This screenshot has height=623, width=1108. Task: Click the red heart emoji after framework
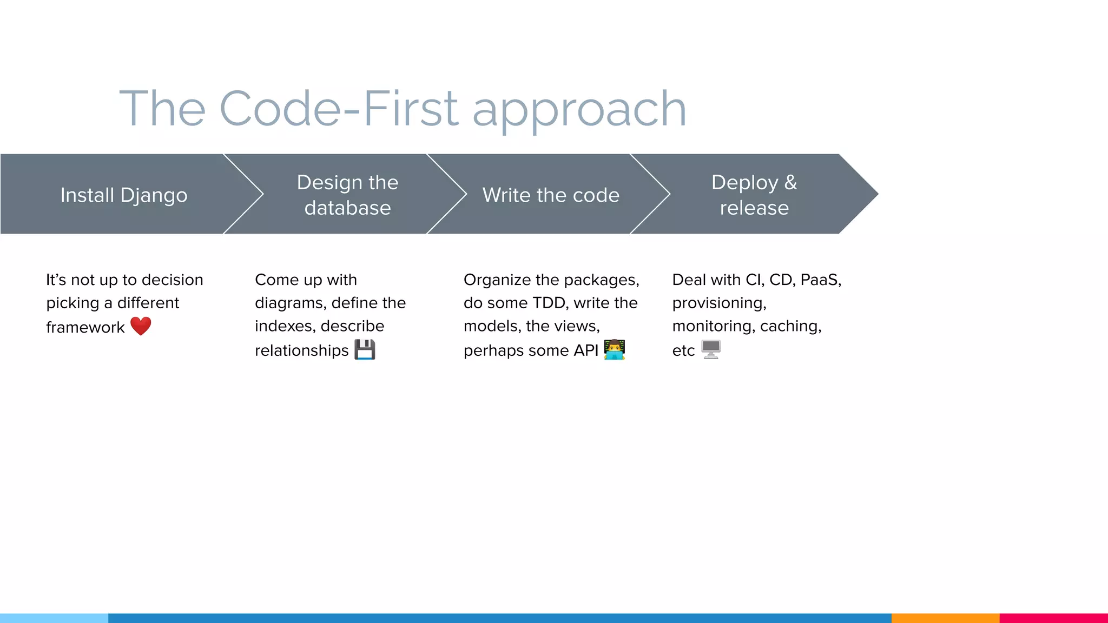141,326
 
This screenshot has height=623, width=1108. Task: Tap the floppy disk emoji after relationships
365,350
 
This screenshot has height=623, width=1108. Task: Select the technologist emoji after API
615,350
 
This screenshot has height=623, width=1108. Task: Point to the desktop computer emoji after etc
711,350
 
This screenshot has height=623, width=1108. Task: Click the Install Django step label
124,195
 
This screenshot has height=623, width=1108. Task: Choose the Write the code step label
551,195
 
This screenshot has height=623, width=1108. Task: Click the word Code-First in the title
339,109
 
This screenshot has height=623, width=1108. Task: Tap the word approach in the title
579,111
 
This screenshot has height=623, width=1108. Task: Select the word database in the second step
347,208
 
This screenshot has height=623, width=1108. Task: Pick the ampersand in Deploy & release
790,183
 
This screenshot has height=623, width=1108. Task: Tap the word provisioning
719,303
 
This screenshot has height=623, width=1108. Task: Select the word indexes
285,326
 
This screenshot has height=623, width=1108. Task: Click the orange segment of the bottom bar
945,618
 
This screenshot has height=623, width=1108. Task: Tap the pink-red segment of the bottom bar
1053,618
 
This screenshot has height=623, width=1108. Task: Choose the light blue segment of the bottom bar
54,618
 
